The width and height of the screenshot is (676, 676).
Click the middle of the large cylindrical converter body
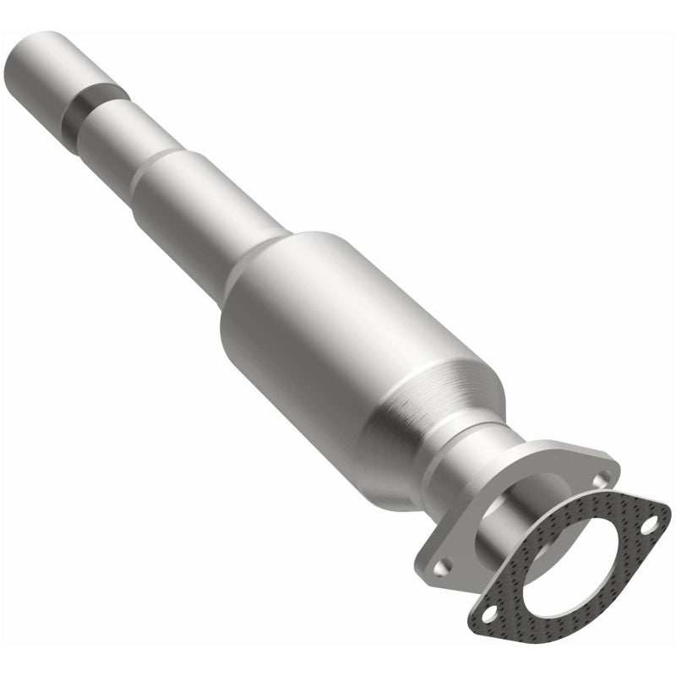(338, 338)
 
